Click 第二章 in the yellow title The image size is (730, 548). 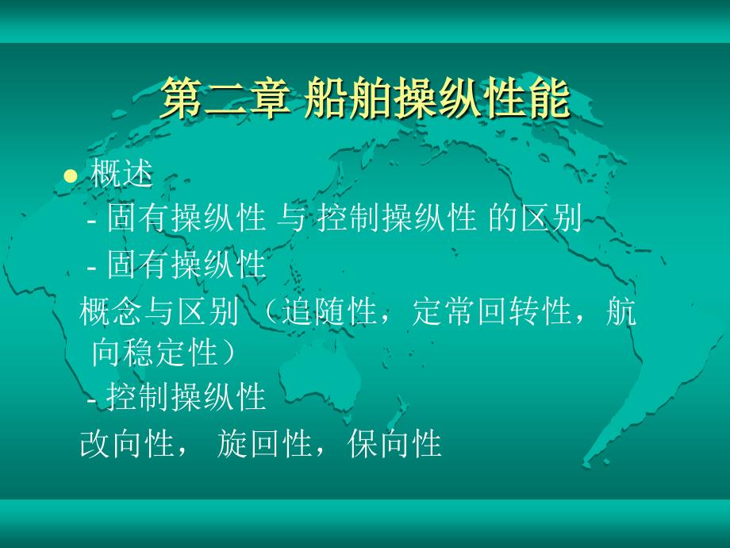tap(225, 98)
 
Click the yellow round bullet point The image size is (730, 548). tap(71, 176)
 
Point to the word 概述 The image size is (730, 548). tap(121, 173)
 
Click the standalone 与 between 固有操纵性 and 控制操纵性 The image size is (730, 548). tap(291, 218)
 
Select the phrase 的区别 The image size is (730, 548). tap(535, 218)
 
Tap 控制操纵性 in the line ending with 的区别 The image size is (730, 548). tap(397, 218)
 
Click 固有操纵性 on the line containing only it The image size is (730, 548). tap(186, 264)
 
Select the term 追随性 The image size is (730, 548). tap(329, 311)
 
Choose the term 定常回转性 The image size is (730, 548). tap(492, 311)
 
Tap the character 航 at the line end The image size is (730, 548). tap(620, 311)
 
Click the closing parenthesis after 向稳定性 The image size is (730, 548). tap(229, 353)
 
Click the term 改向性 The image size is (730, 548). tap(127, 443)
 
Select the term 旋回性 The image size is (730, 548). tap(264, 443)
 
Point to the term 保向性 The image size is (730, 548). tap(394, 443)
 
